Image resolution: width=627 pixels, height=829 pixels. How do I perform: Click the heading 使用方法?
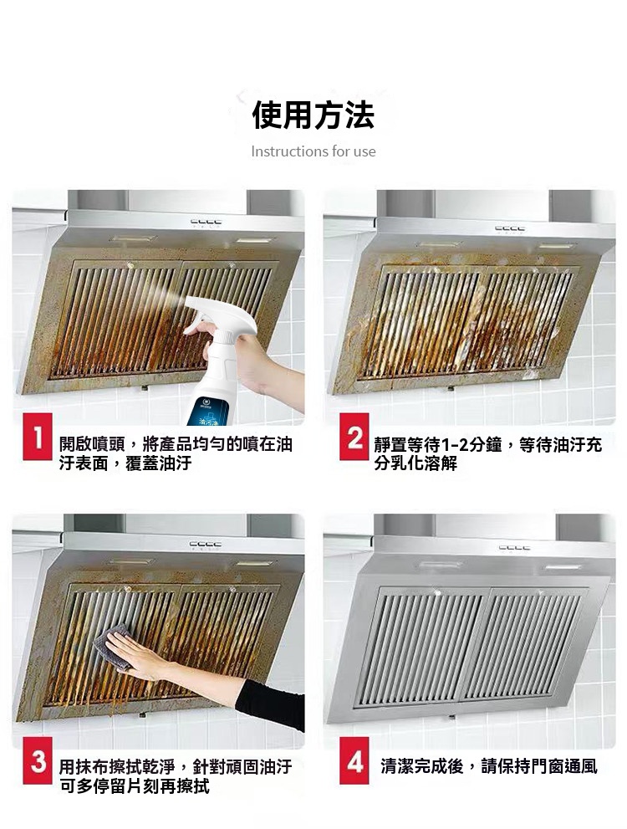click(313, 115)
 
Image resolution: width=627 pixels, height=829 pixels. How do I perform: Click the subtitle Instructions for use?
click(313, 151)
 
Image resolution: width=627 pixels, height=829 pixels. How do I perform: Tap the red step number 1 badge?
click(37, 437)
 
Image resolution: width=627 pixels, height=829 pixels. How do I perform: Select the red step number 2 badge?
click(354, 437)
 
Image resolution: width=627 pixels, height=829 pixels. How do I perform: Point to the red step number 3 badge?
click(37, 760)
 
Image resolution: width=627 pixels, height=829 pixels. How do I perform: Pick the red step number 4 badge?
click(354, 760)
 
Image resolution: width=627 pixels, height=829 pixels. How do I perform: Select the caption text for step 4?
click(489, 765)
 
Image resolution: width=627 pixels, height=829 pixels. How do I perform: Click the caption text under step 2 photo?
click(487, 453)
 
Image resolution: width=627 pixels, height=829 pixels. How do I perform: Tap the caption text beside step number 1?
click(176, 453)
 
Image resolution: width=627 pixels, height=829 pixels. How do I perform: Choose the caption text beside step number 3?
click(176, 776)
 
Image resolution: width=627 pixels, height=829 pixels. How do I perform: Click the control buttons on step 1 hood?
click(206, 223)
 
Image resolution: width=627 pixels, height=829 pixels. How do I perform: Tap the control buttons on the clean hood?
click(514, 548)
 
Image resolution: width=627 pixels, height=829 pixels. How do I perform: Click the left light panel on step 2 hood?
click(438, 245)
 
